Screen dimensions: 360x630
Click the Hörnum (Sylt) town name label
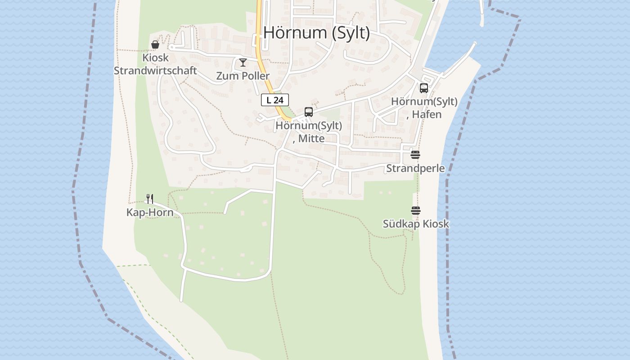pos(316,33)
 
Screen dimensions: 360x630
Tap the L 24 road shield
pos(274,100)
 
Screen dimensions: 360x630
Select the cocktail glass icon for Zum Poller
pos(243,62)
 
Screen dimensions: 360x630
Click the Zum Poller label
pos(243,76)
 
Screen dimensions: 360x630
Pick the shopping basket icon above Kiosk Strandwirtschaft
pos(155,44)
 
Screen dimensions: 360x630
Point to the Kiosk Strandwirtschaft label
pos(155,64)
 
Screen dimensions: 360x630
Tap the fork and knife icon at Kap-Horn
pos(150,198)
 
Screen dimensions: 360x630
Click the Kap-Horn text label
pos(150,212)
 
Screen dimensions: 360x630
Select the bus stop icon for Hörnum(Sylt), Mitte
pos(308,112)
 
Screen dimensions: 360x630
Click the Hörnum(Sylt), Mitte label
pos(309,132)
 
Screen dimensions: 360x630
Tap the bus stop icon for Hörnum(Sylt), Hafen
pos(423,88)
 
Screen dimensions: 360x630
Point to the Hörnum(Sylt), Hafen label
pos(424,108)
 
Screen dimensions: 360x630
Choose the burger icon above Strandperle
pos(415,155)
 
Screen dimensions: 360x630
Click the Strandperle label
pos(415,168)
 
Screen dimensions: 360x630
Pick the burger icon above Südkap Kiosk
pos(415,211)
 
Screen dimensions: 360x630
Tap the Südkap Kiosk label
pos(416,224)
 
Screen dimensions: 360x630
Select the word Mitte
pos(311,139)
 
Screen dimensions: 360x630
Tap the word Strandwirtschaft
pos(155,71)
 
